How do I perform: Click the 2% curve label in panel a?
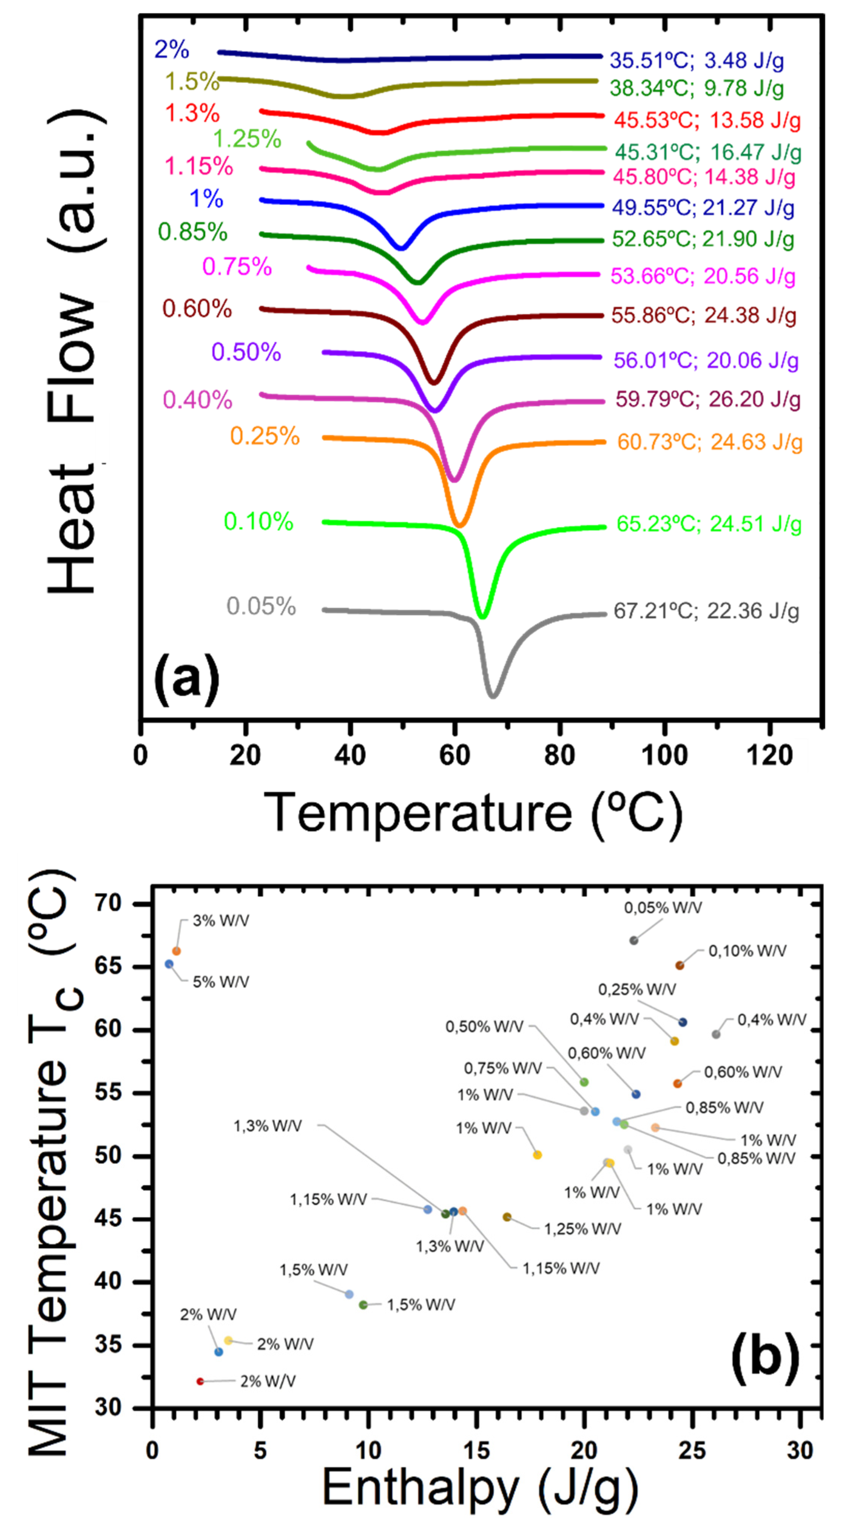(171, 49)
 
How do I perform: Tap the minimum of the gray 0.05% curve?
(493, 695)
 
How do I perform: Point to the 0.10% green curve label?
(258, 522)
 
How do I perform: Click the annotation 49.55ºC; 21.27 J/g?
(703, 207)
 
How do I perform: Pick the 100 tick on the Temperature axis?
(664, 755)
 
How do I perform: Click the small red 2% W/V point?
(200, 1381)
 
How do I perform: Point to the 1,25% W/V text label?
(582, 1229)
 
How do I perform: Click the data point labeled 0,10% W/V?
(679, 965)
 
